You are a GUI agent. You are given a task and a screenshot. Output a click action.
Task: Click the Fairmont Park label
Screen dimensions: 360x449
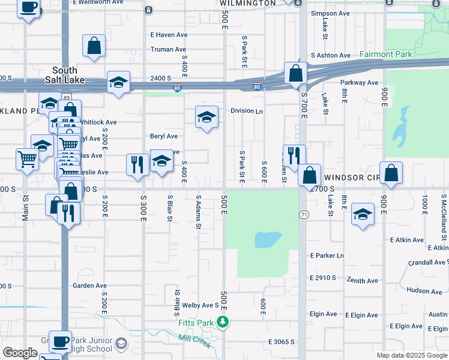coord(385,55)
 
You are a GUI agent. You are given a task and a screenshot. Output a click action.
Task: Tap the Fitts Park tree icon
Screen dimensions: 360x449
coord(223,323)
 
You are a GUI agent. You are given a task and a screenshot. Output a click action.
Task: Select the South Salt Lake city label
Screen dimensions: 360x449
coord(65,75)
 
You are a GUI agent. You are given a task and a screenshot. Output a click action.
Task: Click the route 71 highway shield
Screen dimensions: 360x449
coord(304,215)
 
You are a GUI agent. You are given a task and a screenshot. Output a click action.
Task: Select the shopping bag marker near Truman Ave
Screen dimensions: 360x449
coord(94,46)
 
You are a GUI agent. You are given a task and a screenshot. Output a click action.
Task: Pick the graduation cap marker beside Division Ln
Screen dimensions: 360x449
coord(206,116)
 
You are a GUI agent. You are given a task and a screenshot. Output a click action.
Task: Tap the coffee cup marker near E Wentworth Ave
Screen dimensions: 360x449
coord(28,8)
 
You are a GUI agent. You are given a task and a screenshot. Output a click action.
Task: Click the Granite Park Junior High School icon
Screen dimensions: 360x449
coord(121,343)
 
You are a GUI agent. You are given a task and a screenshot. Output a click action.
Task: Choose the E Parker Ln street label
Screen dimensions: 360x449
coord(327,256)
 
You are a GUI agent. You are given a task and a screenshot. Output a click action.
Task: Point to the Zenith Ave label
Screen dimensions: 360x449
coord(362,281)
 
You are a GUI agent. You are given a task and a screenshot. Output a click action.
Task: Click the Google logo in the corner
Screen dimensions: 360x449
coord(20,353)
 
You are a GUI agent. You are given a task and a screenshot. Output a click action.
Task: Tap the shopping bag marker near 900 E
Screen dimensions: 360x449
coord(391,173)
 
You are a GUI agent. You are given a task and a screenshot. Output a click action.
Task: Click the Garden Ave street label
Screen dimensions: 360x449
coord(89,286)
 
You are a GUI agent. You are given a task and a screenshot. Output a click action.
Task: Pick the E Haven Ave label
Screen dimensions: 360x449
coord(168,35)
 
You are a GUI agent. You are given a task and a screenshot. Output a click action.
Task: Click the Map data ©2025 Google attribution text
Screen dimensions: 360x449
coord(411,355)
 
